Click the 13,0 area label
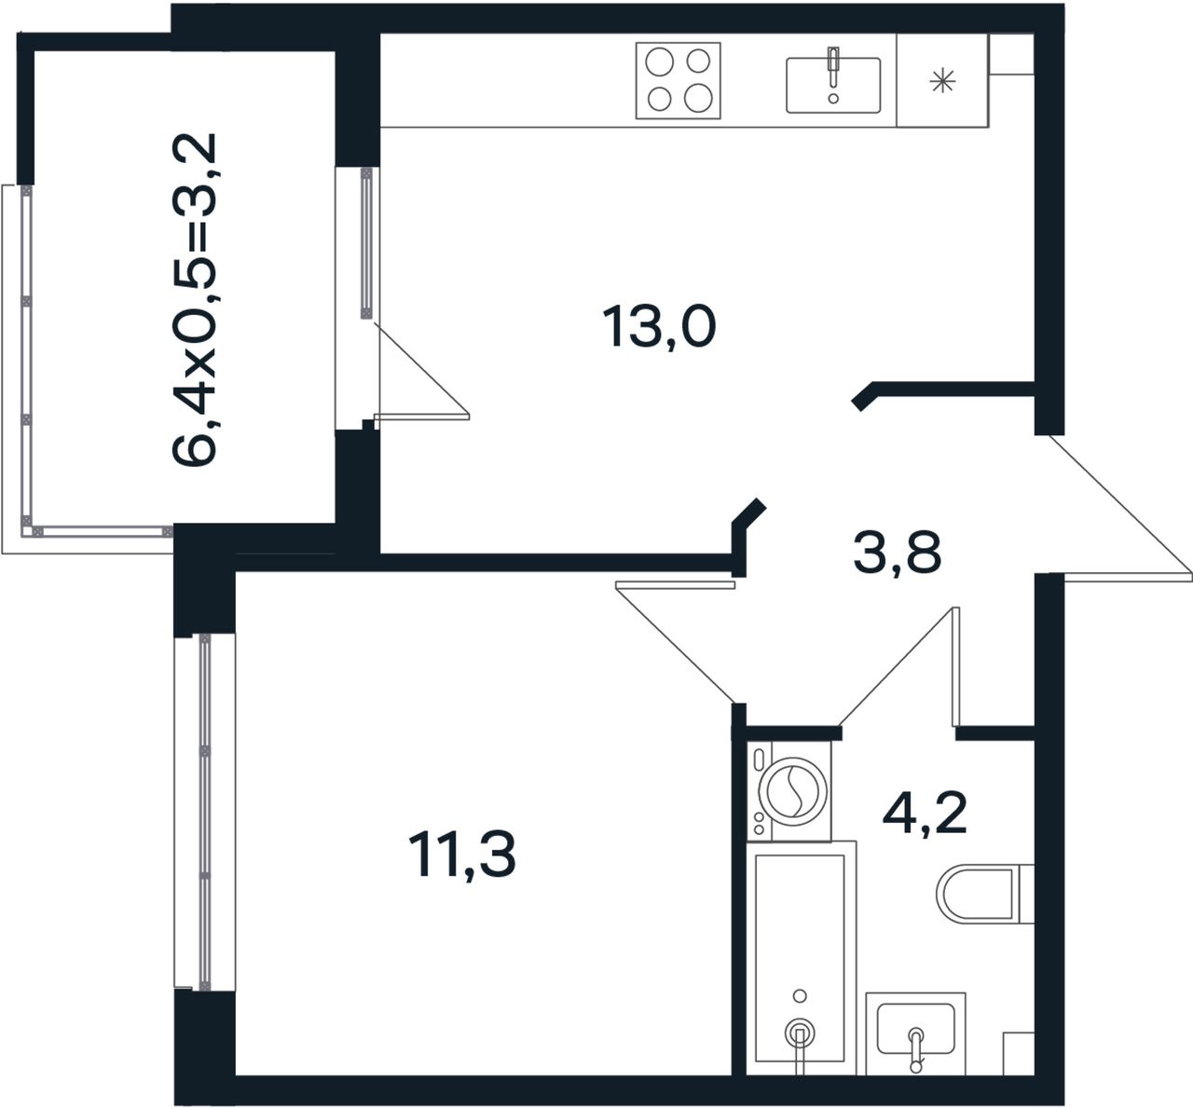pos(659,326)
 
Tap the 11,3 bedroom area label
pos(461,855)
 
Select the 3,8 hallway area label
pos(897,553)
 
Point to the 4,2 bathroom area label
pos(925,813)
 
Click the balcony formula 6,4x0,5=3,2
pos(194,299)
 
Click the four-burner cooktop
pos(679,80)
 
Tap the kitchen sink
pos(833,85)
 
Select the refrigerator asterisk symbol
pos(942,81)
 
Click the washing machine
pos(789,791)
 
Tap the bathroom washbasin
pos(915,1033)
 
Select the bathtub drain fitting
pos(800,1033)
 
